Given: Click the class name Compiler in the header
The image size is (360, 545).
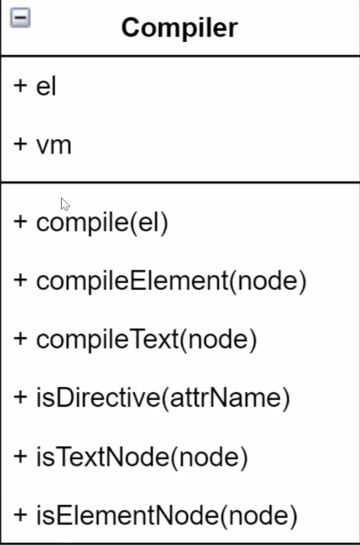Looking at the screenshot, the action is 179,28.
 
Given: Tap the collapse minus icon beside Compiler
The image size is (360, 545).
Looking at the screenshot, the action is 20,18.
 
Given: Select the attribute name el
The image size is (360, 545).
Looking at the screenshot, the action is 46,86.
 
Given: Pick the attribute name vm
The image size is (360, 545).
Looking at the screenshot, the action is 54,145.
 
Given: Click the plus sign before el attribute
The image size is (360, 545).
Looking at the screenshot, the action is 20,85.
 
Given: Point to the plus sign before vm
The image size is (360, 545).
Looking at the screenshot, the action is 20,144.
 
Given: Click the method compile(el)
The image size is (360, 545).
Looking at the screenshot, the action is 102,223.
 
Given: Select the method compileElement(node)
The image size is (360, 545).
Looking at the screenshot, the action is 171,281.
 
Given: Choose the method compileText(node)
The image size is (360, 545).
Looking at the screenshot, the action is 147,340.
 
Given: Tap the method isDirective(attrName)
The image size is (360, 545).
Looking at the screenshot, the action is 163,398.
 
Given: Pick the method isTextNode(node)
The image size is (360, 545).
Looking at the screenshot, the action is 142,456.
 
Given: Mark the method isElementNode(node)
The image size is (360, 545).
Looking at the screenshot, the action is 167,515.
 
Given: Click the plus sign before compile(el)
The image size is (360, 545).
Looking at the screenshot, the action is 20,222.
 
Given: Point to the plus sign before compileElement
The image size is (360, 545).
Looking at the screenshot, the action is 20,280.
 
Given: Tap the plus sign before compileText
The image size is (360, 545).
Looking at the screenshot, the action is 20,338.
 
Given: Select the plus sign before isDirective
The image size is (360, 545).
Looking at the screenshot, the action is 20,397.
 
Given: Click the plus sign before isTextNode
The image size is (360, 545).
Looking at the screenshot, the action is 20,455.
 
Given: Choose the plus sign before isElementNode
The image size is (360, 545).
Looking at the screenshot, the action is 20,514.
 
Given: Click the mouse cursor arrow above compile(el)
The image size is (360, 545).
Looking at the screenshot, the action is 65,205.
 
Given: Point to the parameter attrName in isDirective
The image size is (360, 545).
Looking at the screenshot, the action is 225,398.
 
